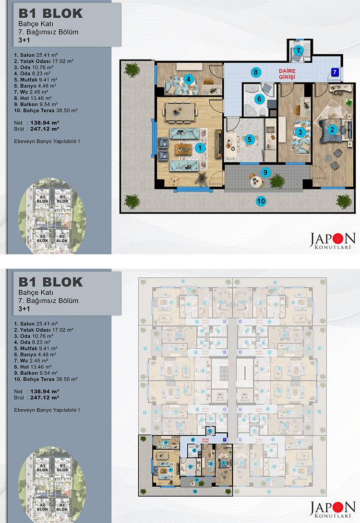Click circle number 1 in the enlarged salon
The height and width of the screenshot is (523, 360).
199,148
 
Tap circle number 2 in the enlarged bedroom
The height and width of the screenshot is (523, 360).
331,129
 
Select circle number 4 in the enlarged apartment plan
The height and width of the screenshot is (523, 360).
189,79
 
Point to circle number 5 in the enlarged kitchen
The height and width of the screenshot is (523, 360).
249,139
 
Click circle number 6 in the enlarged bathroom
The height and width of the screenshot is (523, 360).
259,99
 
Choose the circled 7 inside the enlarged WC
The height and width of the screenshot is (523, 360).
298,50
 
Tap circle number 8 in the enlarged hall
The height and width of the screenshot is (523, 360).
256,72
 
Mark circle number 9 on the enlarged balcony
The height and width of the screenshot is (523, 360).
264,172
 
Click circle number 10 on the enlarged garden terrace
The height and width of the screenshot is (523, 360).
261,201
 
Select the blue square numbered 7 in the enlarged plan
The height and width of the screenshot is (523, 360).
335,72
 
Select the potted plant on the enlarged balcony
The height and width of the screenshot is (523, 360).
276,181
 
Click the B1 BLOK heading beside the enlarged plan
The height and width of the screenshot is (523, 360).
50,13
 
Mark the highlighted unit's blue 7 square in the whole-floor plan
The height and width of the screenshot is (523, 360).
224,439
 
